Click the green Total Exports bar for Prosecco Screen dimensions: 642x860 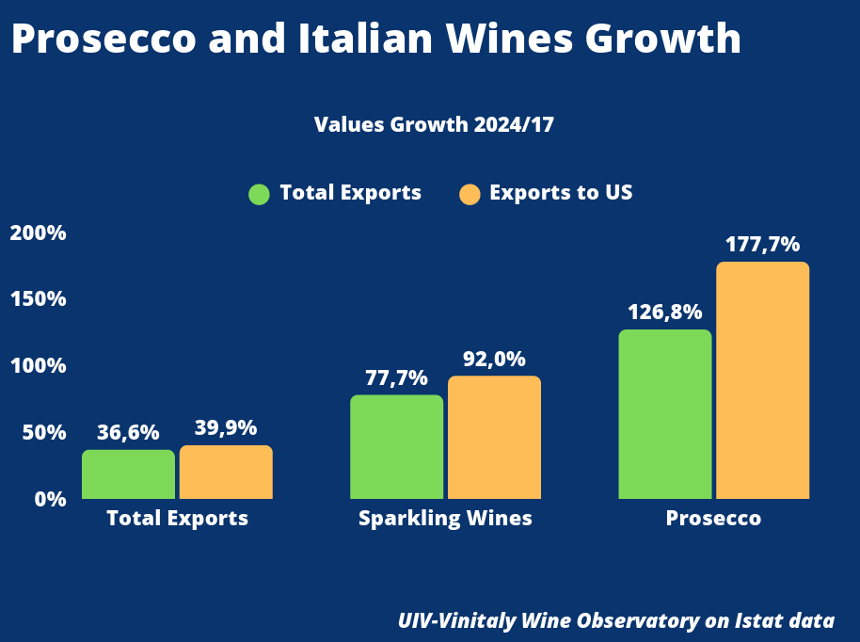[664, 414]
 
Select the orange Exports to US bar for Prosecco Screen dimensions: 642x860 [762, 380]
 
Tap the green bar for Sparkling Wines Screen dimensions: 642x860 [396, 446]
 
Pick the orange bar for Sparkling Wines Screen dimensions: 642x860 [494, 437]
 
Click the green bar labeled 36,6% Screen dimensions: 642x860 [128, 474]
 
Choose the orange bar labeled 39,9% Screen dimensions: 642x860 [226, 473]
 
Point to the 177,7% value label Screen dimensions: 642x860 [762, 245]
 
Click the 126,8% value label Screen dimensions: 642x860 [664, 313]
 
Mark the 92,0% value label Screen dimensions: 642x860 [494, 359]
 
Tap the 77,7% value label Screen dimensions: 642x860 [396, 378]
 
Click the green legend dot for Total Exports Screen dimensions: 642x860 [259, 194]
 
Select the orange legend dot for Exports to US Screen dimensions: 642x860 [470, 194]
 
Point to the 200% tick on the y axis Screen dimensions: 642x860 [38, 233]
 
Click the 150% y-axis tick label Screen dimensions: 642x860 [38, 299]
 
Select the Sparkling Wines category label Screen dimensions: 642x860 [445, 519]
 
